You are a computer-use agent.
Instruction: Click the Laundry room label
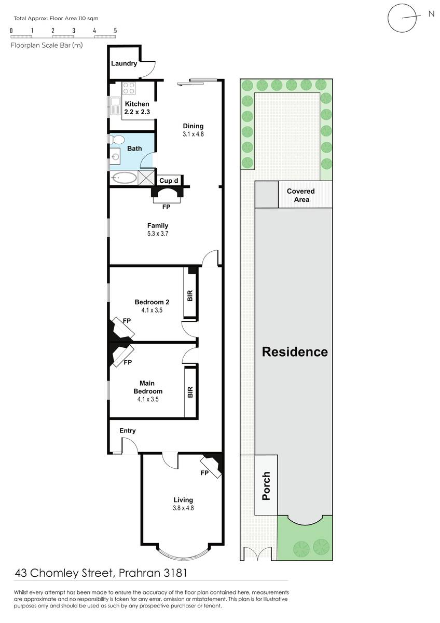124,63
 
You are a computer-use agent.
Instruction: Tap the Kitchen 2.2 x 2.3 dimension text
137,112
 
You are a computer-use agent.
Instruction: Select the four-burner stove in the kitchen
129,88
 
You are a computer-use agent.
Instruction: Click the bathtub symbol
124,178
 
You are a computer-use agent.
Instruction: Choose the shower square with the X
146,178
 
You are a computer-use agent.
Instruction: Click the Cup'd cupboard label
169,181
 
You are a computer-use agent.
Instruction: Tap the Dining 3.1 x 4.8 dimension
193,134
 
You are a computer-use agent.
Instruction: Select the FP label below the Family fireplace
166,207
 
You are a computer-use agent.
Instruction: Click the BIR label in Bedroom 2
190,295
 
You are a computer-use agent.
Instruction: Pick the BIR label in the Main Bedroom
190,392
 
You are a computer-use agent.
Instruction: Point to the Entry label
128,431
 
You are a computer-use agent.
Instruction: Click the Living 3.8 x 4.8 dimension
183,508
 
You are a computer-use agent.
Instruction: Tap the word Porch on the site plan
266,486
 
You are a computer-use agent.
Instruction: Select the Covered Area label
301,195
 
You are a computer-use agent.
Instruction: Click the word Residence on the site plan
295,352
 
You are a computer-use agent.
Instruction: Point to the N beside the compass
431,14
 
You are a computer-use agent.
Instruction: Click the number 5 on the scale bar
115,31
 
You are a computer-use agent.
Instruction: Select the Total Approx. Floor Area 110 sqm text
56,19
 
